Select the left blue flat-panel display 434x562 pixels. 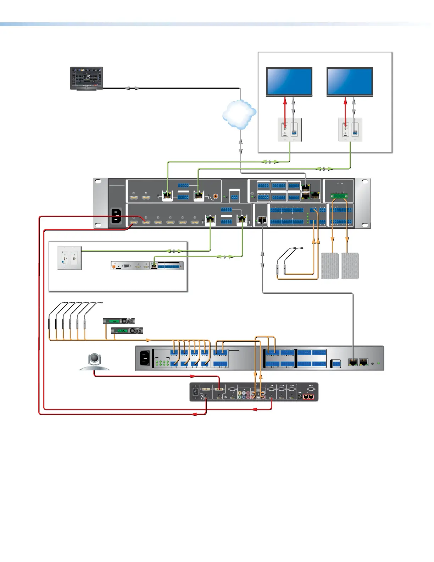[289, 81]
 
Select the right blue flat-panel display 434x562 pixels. [350, 81]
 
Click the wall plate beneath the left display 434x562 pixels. [290, 130]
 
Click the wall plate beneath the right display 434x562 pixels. [350, 130]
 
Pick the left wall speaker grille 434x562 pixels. [330, 266]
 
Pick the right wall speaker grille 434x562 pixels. [350, 266]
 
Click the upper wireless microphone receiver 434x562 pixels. [119, 321]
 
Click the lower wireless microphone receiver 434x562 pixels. [127, 331]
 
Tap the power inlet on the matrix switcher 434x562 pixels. [117, 216]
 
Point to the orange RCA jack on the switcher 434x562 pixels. [215, 195]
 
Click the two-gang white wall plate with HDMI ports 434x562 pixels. [69, 258]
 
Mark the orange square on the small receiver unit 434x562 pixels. [114, 266]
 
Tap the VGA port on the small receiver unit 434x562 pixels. [127, 265]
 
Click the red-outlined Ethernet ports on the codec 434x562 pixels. [308, 397]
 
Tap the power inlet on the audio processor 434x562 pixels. [145, 358]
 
